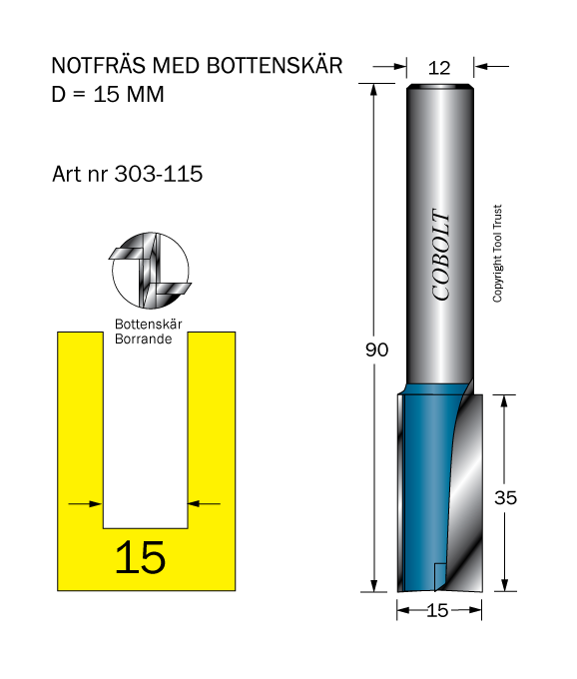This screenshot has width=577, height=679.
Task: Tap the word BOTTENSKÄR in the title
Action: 274,65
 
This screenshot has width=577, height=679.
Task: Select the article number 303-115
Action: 159,174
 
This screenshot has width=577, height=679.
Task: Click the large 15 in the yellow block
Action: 140,557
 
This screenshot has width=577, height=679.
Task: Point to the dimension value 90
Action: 376,349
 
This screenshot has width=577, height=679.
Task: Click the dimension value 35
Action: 505,497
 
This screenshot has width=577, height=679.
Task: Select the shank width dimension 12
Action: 439,68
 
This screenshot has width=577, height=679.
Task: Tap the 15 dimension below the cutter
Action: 437,610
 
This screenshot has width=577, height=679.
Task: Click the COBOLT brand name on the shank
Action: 441,255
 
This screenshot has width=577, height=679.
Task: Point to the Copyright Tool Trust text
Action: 498,254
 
